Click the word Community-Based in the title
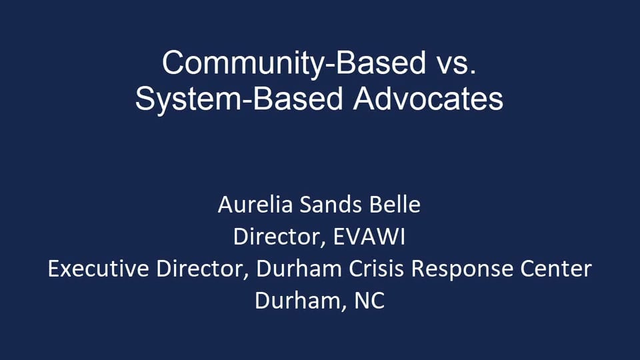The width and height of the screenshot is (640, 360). [293, 63]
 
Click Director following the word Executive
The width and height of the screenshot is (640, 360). [204, 269]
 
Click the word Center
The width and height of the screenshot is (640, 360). [556, 269]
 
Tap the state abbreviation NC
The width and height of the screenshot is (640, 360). [369, 301]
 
